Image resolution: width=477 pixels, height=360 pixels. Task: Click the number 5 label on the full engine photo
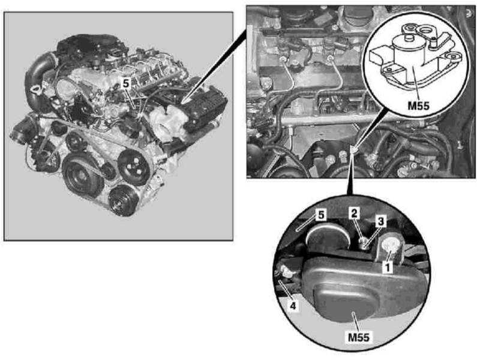[x=125, y=83]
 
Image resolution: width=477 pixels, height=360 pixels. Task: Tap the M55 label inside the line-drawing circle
[x=418, y=106]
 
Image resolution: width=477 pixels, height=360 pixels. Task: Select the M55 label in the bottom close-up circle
[x=359, y=337]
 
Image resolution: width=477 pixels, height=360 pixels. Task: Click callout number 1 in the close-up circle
[x=387, y=268]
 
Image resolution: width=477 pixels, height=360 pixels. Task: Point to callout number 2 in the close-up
[x=354, y=214]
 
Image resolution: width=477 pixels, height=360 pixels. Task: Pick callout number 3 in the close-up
[x=380, y=221]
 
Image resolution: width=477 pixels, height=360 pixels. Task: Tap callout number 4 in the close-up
[x=293, y=305]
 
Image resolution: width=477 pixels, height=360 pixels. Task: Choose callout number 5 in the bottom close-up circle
[x=320, y=215]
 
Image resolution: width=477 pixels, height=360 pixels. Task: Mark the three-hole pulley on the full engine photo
[x=133, y=167]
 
